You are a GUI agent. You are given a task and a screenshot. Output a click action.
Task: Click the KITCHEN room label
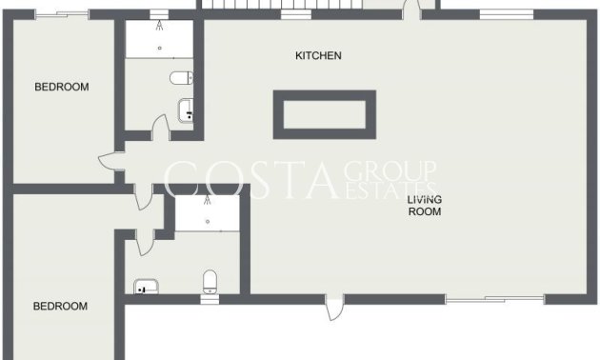tap(318, 56)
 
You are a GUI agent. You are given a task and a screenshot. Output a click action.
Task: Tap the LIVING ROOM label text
tap(425, 206)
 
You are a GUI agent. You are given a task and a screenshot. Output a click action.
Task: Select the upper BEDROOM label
tap(61, 88)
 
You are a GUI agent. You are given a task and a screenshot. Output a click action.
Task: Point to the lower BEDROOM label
tap(60, 307)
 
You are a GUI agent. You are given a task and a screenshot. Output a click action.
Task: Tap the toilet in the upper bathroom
tap(181, 78)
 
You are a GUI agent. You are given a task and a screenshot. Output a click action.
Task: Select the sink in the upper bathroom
tap(188, 112)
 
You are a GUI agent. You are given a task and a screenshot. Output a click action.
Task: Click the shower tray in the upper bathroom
tap(158, 39)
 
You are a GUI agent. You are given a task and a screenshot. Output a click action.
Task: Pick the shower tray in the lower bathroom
tap(206, 215)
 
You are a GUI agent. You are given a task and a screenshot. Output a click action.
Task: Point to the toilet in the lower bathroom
tap(210, 281)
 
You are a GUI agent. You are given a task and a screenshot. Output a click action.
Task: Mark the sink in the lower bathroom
tap(145, 286)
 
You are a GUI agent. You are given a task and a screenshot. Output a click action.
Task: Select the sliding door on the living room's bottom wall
tap(494, 300)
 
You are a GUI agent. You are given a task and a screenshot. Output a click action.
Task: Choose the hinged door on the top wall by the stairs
tap(410, 10)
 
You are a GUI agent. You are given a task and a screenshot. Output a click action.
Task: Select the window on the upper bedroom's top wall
tap(60, 14)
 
